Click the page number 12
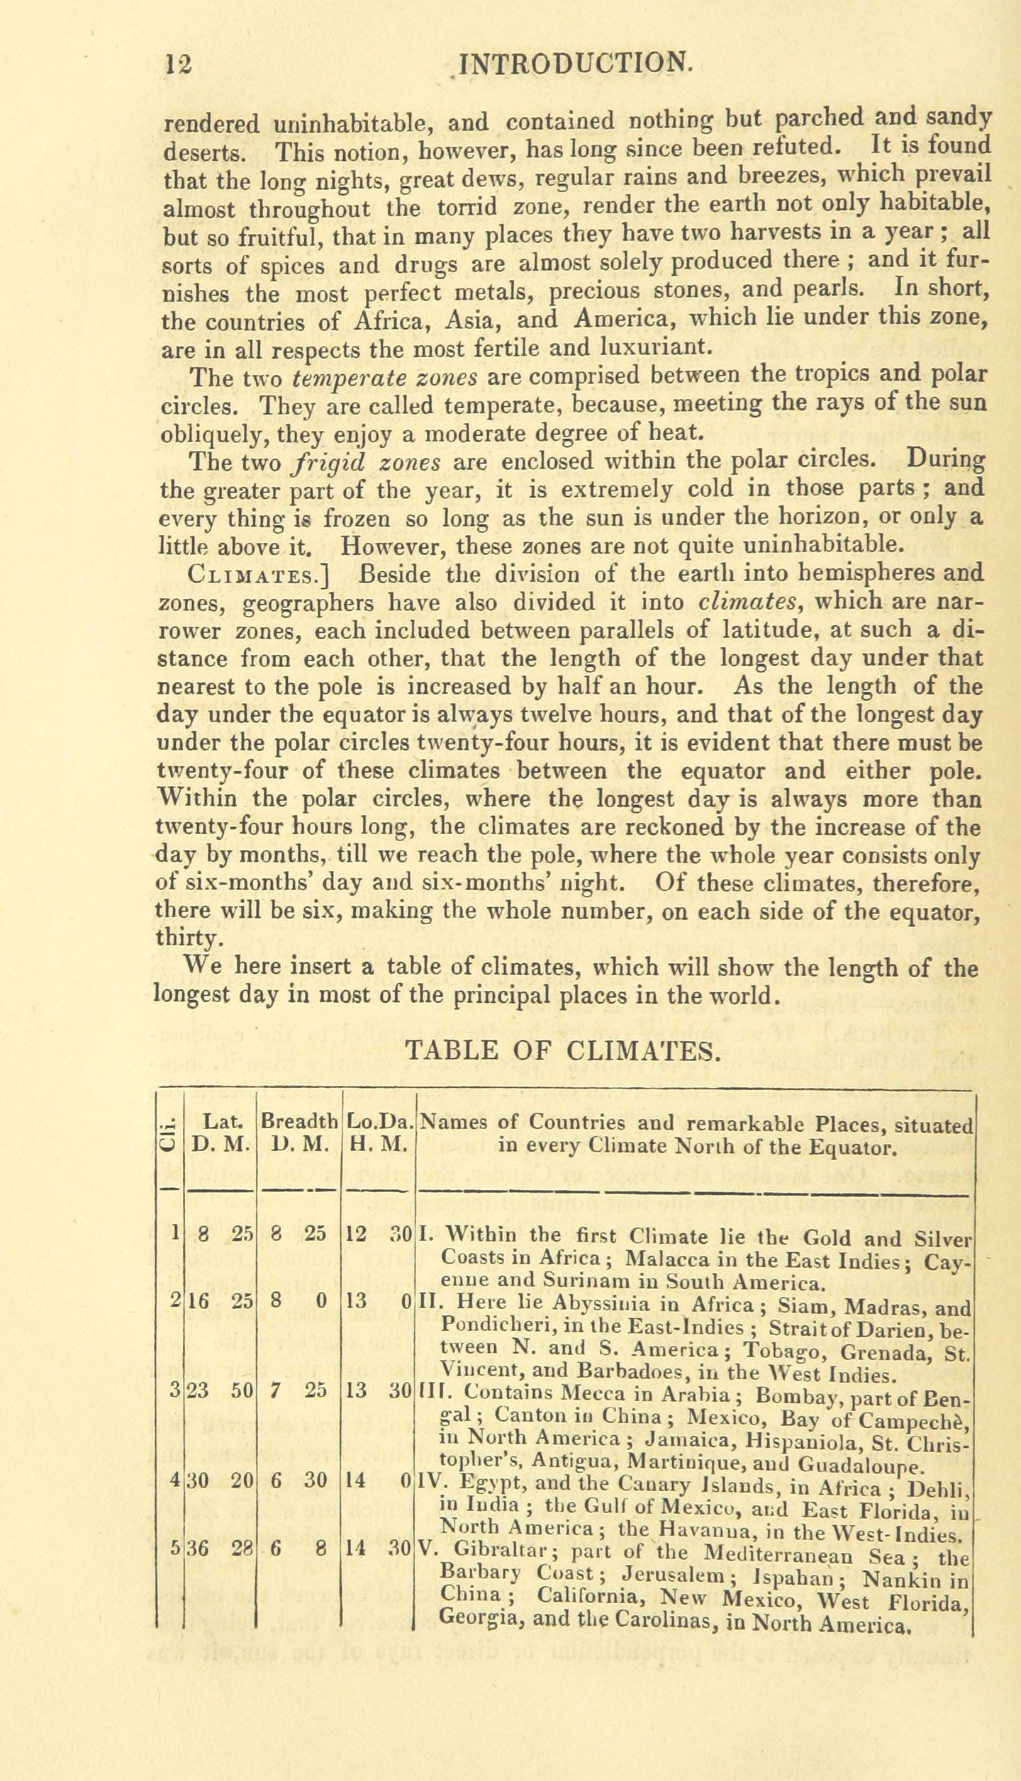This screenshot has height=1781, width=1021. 177,64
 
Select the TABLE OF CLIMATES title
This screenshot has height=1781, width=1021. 562,1049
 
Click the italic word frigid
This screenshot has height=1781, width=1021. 328,462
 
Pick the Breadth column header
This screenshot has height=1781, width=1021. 299,1123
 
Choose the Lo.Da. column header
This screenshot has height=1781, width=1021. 379,1123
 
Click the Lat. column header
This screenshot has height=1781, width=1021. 223,1123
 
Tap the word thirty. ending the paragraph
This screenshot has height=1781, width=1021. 190,938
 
